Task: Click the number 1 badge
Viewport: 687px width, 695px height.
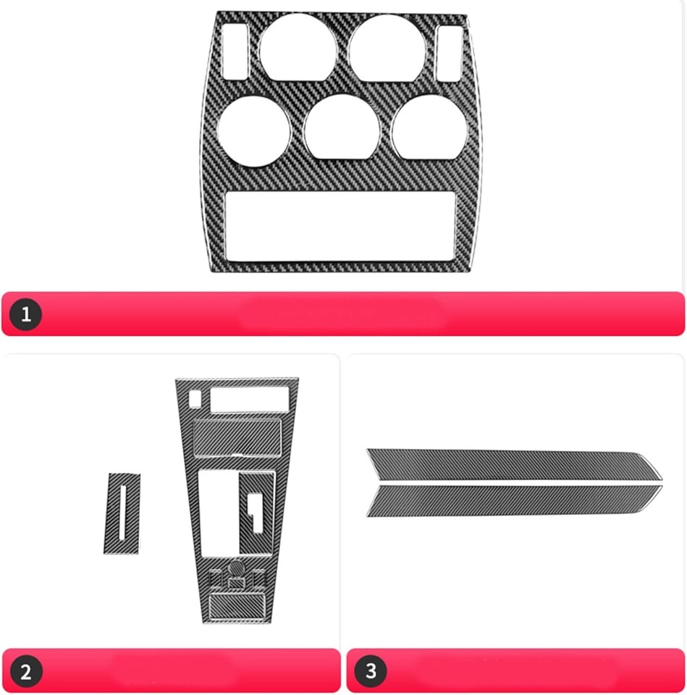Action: pyautogui.click(x=27, y=314)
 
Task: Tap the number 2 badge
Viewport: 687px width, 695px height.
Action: pyautogui.click(x=27, y=671)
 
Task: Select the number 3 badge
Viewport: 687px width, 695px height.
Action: pyautogui.click(x=371, y=671)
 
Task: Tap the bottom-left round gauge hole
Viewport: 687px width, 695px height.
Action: pyautogui.click(x=254, y=131)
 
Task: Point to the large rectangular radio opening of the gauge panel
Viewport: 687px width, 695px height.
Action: pyautogui.click(x=340, y=225)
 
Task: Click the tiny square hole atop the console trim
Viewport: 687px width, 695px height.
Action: pyautogui.click(x=195, y=398)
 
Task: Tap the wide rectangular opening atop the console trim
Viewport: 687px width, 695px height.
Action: pyautogui.click(x=248, y=399)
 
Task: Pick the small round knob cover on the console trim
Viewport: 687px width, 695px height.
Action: pyautogui.click(x=236, y=568)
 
